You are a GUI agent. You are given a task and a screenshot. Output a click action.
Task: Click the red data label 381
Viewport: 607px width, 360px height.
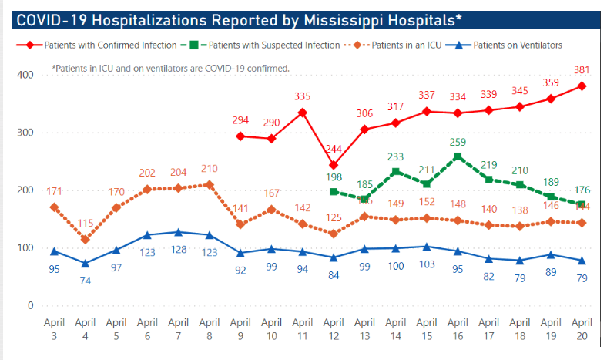coord(582,69)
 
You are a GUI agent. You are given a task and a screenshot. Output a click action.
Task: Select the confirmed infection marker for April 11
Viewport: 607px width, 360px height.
coord(302,113)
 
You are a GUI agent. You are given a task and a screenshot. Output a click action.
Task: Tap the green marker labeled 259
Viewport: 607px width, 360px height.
coord(458,156)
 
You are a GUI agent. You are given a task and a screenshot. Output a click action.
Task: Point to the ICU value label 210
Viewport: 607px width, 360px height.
coord(210,168)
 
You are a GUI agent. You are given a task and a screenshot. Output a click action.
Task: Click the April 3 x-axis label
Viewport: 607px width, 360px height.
coord(54,331)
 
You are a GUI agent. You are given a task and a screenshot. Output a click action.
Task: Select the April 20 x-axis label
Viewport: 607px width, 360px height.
coord(582,331)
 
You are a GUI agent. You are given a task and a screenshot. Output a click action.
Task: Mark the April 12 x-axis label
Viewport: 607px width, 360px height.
coord(334,331)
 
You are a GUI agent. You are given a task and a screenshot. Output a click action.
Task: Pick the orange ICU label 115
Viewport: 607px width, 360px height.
coord(86,224)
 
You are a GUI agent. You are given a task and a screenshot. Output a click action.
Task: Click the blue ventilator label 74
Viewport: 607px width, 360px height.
coord(86,280)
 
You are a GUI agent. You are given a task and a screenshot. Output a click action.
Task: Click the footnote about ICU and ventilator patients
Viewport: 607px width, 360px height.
coord(170,68)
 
